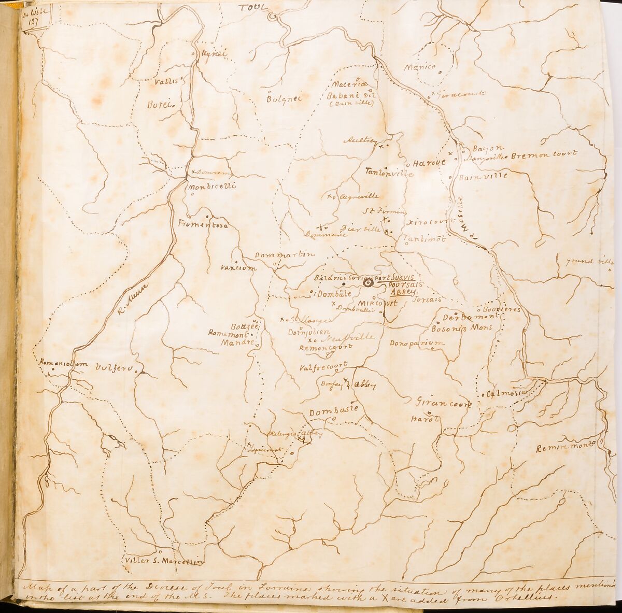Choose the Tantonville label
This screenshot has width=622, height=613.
pos(389,173)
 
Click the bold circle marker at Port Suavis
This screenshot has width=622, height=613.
pos(369,284)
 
